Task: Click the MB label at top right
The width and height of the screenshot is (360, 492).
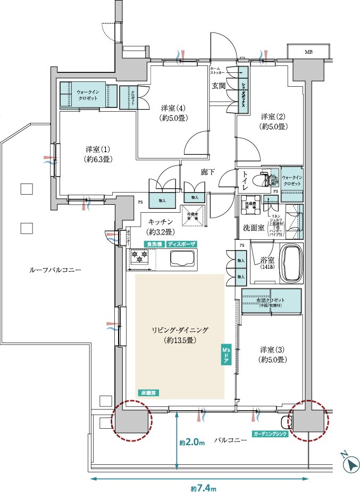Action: point(308,52)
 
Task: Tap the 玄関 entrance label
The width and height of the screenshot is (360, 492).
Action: point(219,85)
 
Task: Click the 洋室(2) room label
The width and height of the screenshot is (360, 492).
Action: point(274,121)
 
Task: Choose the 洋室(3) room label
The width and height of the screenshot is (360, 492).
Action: point(274,355)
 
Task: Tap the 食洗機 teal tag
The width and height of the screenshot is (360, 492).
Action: point(154,244)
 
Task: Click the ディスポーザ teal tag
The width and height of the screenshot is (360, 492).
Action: point(181,244)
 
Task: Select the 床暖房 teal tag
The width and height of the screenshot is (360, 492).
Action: point(149,393)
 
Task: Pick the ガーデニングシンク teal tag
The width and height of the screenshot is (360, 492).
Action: point(270,434)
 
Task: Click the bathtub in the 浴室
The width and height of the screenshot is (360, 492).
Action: point(290,264)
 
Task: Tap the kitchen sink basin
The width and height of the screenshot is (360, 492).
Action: point(182,260)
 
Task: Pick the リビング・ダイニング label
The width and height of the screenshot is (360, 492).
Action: point(179,335)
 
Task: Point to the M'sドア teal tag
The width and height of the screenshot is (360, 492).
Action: point(225,355)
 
